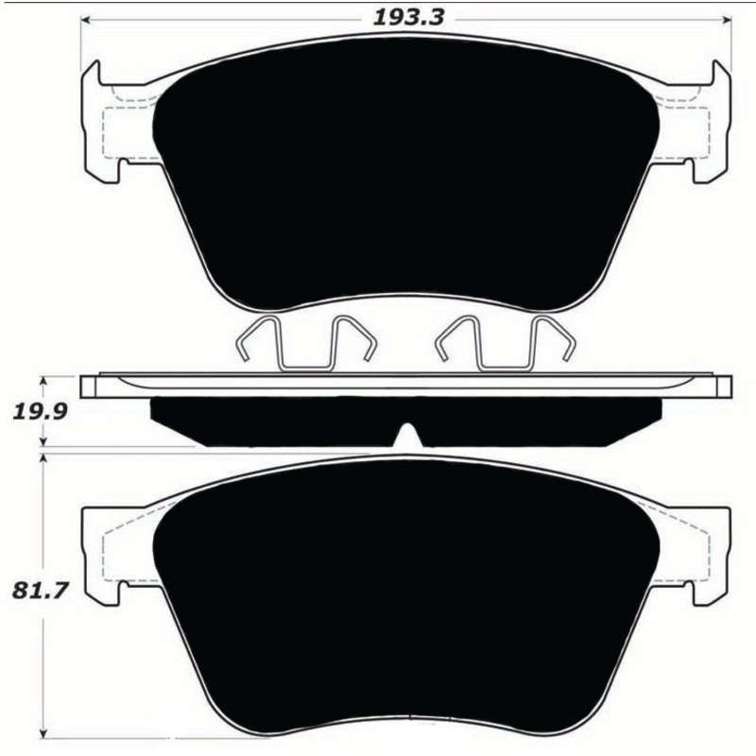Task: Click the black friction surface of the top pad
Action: [406, 170]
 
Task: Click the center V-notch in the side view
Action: [406, 437]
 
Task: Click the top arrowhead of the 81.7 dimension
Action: [42, 456]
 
